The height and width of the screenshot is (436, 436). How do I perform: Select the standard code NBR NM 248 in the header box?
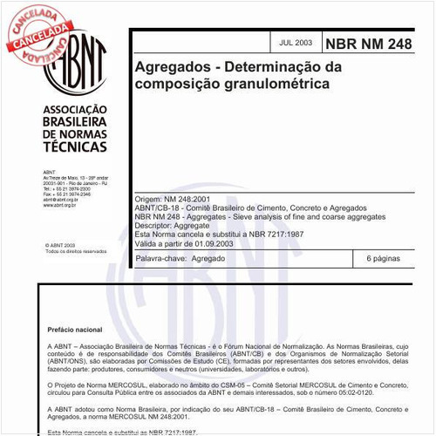point(368,42)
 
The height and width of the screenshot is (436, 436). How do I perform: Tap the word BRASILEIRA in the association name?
point(74,123)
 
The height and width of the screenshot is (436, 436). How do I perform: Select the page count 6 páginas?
point(384,259)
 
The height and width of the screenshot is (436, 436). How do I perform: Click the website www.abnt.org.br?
point(61,205)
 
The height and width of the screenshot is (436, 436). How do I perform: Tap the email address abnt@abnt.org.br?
point(60,200)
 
